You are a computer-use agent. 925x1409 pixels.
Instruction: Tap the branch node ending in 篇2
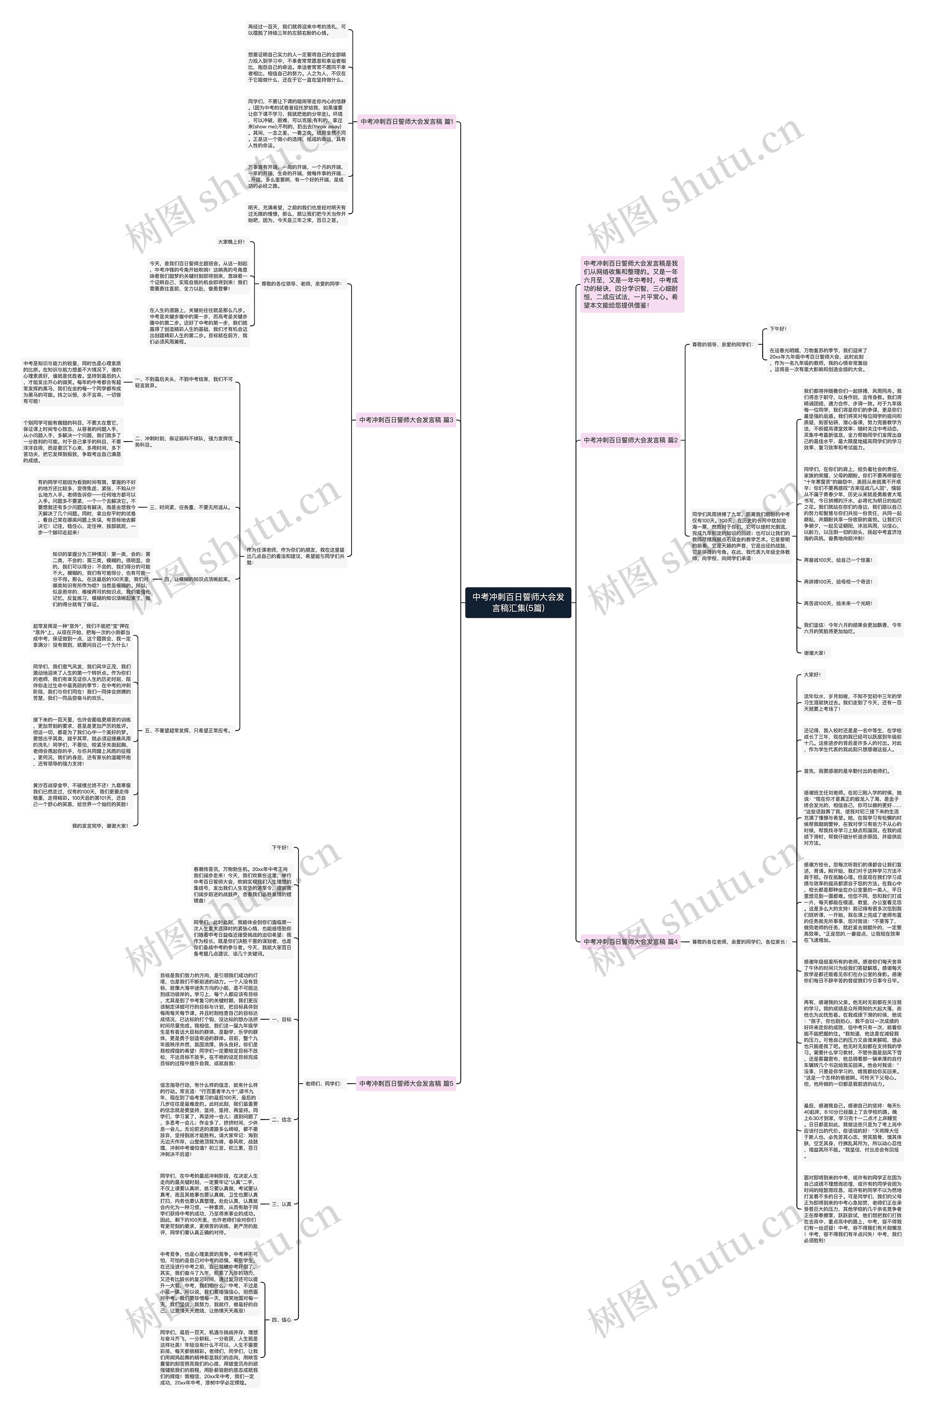tap(631, 440)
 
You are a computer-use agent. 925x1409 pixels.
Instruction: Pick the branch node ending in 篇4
tap(631, 941)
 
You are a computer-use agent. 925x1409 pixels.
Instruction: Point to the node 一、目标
tap(282, 1020)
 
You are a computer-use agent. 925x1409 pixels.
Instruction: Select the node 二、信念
tap(282, 1119)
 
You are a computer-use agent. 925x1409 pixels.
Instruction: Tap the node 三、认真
tap(282, 1204)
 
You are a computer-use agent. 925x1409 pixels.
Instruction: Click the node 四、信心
tap(282, 1320)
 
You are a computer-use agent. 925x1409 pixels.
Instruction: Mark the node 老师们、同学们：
tap(323, 1083)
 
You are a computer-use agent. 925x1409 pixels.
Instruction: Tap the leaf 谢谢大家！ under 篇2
tap(814, 653)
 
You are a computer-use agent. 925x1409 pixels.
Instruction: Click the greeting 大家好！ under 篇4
tap(812, 675)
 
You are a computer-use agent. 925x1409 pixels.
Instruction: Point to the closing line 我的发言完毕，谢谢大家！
tap(100, 826)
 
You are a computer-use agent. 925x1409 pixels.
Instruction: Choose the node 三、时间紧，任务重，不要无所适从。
tap(190, 507)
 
